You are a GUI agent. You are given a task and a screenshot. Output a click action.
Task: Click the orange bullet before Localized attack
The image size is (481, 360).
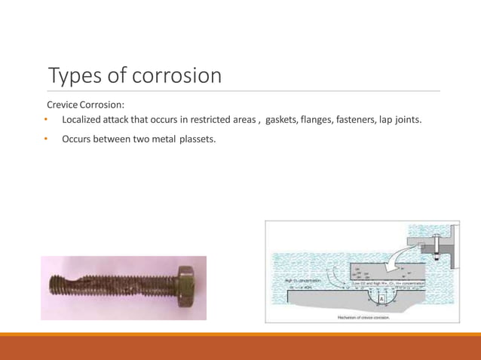tap(46, 120)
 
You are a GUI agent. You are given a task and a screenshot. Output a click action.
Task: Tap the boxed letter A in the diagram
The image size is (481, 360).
tap(382, 299)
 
